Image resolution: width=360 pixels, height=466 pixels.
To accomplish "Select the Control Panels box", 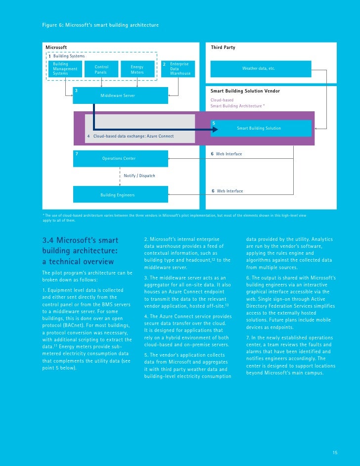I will [x=101, y=69].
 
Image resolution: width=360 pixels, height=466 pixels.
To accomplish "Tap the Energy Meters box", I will [x=137, y=69].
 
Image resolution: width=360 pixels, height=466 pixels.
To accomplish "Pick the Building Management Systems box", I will [x=66, y=69].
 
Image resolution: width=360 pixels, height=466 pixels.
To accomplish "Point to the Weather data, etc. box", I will [x=261, y=68].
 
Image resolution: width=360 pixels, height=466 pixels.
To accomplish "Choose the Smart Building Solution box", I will [x=261, y=128].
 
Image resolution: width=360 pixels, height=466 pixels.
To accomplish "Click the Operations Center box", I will [x=119, y=158].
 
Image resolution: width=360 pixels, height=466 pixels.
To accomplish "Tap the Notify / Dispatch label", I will [x=139, y=176].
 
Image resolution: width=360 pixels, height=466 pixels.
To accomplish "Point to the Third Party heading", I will [x=223, y=47].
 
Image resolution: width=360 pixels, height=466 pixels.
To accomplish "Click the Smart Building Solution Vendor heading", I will [x=245, y=91].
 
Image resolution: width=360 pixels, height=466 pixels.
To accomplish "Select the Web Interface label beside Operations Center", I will [x=229, y=154].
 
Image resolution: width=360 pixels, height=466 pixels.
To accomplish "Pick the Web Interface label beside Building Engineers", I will [x=229, y=191].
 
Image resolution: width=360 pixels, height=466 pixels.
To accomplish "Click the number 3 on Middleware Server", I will [x=76, y=90].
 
